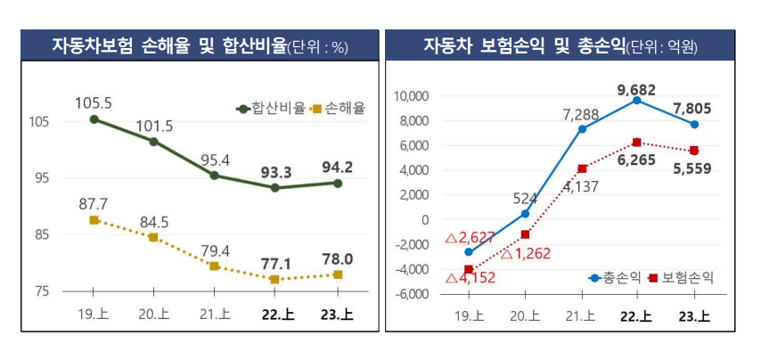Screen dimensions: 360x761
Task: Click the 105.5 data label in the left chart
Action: click(94, 102)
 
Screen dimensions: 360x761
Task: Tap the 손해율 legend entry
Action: click(338, 108)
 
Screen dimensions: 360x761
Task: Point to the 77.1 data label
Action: click(275, 265)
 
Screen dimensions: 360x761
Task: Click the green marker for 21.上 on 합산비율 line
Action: click(214, 176)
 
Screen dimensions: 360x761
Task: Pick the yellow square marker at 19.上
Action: click(94, 220)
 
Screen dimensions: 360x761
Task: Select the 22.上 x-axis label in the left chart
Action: click(275, 314)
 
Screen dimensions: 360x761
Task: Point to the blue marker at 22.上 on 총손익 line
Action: click(636, 101)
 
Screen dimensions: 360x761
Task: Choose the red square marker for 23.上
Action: click(694, 151)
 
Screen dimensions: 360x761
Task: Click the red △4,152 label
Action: click(471, 277)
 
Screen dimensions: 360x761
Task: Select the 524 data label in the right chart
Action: click(526, 199)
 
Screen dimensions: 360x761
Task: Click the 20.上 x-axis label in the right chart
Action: click(525, 314)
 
